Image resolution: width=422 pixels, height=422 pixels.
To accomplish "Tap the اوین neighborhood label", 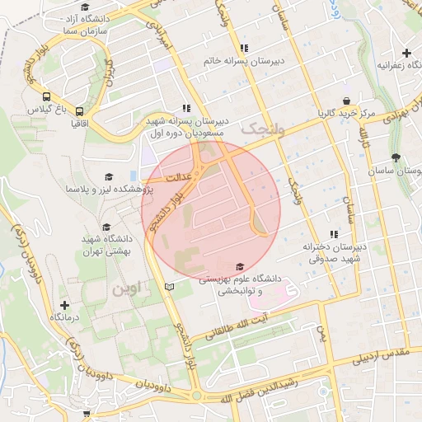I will pos(127,289).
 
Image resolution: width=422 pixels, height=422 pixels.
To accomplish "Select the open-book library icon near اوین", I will pos(170,287).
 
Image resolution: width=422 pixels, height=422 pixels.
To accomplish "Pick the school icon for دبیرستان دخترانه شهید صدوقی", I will pos(334,234).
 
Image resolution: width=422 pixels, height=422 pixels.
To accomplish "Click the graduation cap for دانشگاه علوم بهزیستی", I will pos(240,266).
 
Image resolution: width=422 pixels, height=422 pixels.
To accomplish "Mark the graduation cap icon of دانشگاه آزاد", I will pos(85,7).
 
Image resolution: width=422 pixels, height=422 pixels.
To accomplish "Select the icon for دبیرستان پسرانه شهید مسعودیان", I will pos(187,108).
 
